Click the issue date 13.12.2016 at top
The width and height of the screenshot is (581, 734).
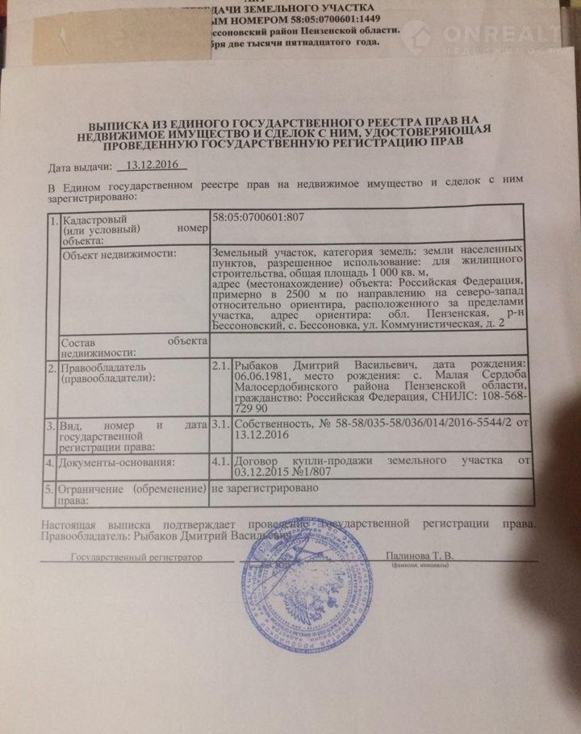pos(151,166)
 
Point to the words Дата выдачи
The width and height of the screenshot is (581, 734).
pos(78,169)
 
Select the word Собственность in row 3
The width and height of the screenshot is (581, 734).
pos(270,423)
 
